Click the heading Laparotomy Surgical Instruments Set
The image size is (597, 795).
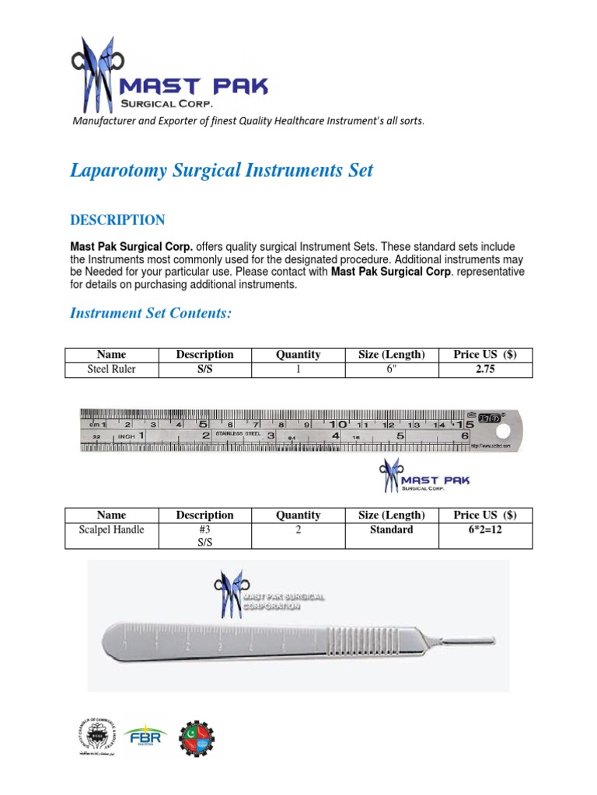(x=222, y=170)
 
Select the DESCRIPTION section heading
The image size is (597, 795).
(x=117, y=220)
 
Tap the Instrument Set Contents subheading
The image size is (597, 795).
(x=151, y=313)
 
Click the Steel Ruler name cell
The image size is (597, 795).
(x=111, y=370)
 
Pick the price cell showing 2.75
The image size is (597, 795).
(x=485, y=370)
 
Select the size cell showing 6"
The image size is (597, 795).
(x=392, y=370)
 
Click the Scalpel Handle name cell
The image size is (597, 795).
(x=111, y=530)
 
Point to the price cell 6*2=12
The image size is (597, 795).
(x=485, y=530)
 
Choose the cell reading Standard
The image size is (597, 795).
(x=392, y=530)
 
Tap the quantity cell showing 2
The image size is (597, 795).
(x=298, y=530)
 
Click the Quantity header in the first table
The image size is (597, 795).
(x=298, y=355)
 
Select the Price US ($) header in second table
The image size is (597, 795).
(x=485, y=516)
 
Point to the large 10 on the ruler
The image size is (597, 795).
(x=337, y=425)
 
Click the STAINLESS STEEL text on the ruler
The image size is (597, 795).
(x=238, y=433)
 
